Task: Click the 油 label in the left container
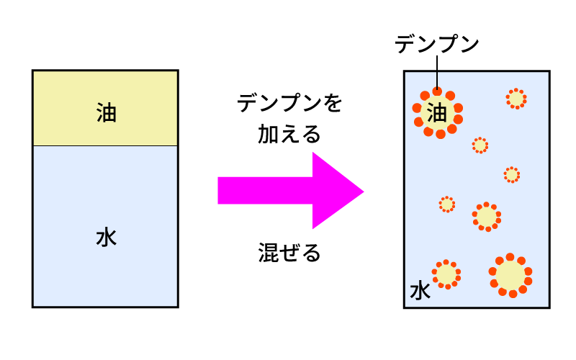click(106, 113)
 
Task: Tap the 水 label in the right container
click(420, 291)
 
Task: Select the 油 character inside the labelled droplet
click(437, 112)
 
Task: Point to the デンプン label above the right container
click(437, 45)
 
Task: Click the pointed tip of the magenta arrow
click(361, 192)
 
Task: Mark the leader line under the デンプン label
click(437, 72)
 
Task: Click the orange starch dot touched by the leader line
click(437, 91)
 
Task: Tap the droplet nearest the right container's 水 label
click(446, 274)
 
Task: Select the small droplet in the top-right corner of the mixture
click(516, 99)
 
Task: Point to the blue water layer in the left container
click(105, 274)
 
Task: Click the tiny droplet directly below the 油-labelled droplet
click(480, 145)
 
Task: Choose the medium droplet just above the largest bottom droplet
click(487, 216)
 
